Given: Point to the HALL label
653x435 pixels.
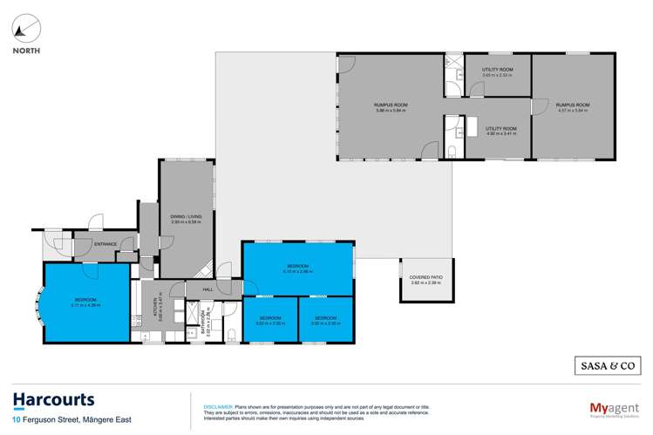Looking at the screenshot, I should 207,289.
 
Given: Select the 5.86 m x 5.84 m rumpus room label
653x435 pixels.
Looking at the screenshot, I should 391,107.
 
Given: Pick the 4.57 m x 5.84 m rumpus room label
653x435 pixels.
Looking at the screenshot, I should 573,107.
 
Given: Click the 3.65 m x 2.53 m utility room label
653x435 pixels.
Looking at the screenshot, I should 498,71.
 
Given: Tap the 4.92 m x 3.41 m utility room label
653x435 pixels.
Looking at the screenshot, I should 500,130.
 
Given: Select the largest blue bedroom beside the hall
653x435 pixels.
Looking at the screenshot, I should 298,268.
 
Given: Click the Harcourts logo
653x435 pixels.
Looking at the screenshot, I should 54,400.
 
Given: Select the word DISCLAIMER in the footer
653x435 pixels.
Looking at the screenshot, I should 217,406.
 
